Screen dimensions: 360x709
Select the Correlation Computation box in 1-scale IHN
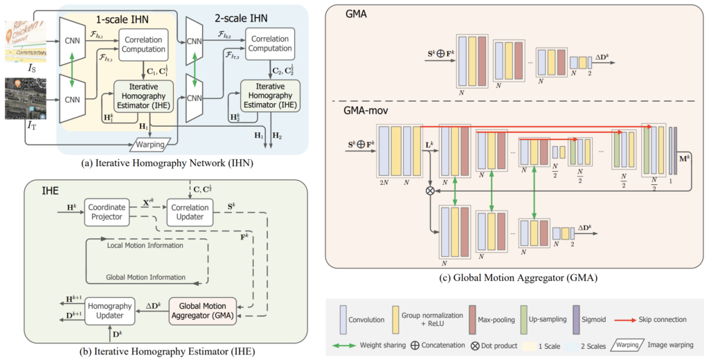tap(143, 44)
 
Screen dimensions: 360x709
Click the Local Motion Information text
tap(145, 246)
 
